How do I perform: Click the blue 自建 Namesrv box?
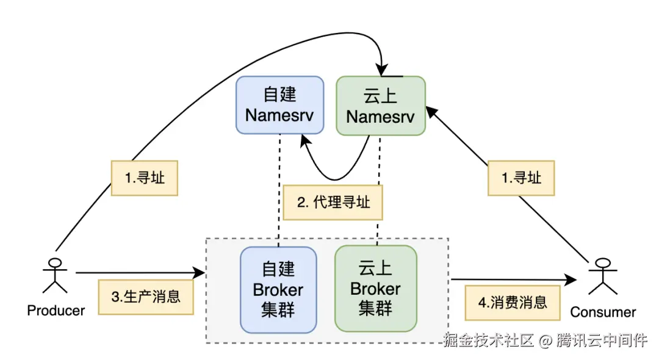coord(279,104)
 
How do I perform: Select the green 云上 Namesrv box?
coord(381,106)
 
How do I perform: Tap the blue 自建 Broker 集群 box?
coord(278,289)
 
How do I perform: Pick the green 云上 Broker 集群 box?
coord(375,289)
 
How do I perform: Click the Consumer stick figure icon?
coord(602,276)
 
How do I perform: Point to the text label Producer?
coord(56,311)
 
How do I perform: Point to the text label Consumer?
coord(603,312)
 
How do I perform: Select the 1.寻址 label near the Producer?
coord(145,178)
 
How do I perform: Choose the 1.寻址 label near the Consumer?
coord(521,178)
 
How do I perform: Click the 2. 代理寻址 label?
coord(333,203)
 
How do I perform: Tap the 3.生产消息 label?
coord(146,297)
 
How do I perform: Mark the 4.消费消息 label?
coord(513,302)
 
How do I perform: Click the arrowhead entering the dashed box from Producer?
coord(200,273)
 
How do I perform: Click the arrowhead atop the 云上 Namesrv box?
coord(383,70)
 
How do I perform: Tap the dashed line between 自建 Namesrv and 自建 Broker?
coord(279,189)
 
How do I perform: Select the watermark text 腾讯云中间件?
coord(601,340)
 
